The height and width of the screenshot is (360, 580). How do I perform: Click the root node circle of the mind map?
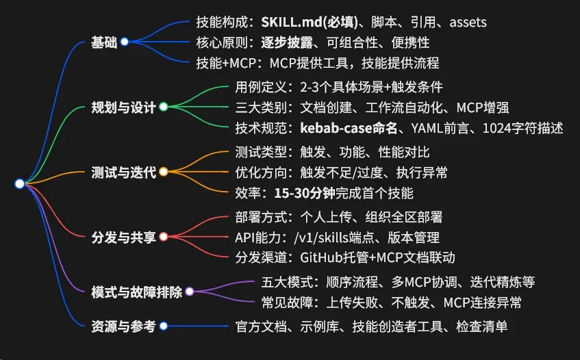tap(19, 183)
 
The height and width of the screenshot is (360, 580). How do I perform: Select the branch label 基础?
tap(104, 42)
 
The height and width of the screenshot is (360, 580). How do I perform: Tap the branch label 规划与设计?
tap(124, 107)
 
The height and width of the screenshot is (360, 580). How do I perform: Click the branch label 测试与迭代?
tap(124, 172)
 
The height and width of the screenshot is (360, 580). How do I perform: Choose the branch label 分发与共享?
tap(124, 237)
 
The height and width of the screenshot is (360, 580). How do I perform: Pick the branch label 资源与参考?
tap(124, 326)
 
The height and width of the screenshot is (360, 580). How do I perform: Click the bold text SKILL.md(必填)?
tap(300, 23)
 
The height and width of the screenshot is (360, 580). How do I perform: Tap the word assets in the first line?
tap(468, 23)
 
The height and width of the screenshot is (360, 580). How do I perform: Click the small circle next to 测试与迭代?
tap(163, 172)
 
